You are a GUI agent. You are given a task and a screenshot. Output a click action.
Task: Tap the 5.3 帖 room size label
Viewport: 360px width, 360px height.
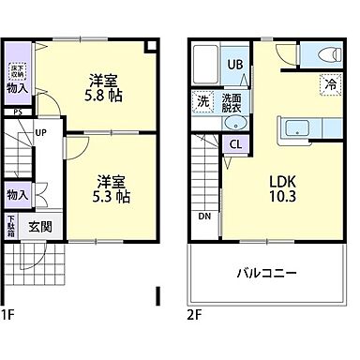tap(111, 197)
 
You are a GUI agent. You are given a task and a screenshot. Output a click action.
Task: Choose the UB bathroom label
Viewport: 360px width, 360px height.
tap(237, 66)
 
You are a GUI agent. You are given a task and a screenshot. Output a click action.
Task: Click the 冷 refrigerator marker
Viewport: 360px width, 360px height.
tap(330, 84)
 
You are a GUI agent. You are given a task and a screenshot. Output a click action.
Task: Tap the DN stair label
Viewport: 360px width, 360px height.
tap(203, 217)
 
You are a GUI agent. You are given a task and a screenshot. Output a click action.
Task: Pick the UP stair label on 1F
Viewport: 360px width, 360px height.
tap(40, 132)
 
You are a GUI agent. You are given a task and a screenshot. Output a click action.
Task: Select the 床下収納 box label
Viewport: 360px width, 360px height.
tap(16, 71)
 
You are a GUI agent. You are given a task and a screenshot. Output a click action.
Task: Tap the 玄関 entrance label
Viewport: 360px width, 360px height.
tap(40, 226)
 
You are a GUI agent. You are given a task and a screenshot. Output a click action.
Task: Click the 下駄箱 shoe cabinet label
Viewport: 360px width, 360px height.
tap(11, 227)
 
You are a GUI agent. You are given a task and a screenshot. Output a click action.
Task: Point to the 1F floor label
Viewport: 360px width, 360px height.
tap(9, 313)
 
